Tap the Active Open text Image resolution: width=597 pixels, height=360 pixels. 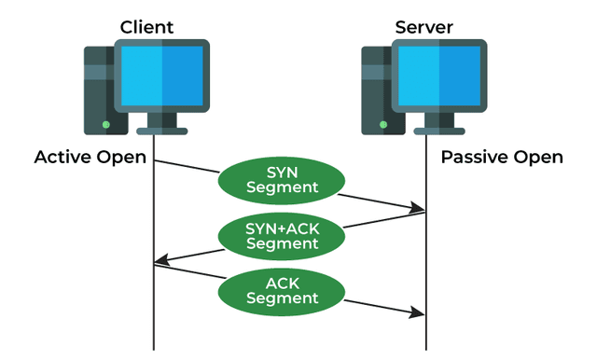[90, 157]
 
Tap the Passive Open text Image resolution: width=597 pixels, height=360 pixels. [502, 157]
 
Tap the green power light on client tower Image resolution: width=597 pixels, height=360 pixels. [105, 123]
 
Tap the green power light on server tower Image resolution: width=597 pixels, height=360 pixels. [382, 123]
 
